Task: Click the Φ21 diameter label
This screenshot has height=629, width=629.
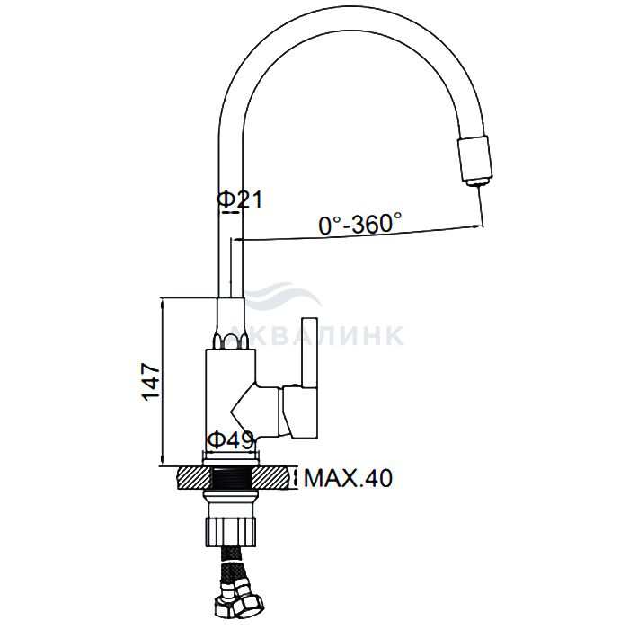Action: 240,199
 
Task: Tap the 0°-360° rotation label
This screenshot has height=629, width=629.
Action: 359,224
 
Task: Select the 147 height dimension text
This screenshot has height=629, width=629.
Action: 151,382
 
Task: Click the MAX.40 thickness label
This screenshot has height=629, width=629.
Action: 348,478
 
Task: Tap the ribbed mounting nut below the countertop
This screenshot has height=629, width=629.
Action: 230,531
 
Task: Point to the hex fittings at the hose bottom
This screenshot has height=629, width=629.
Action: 239,601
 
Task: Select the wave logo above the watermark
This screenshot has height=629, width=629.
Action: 281,296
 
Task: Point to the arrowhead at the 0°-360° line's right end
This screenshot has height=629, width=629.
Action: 477,226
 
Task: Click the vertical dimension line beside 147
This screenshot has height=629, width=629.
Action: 163,382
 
